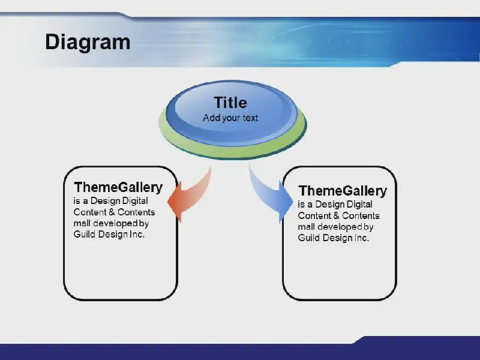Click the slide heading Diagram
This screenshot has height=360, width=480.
click(x=88, y=42)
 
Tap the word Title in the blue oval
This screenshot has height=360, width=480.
click(x=230, y=102)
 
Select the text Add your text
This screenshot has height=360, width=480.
click(x=230, y=118)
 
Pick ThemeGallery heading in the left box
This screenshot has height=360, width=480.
click(x=118, y=187)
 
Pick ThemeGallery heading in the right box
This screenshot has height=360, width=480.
click(x=343, y=190)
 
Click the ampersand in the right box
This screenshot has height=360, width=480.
click(x=336, y=216)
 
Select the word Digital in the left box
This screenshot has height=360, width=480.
click(x=135, y=201)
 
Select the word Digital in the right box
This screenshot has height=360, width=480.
click(x=359, y=205)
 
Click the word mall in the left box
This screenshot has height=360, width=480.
click(x=82, y=223)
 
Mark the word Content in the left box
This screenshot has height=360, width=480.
click(x=89, y=212)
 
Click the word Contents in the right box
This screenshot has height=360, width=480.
click(x=361, y=216)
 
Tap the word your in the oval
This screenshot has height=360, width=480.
click(x=230, y=118)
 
